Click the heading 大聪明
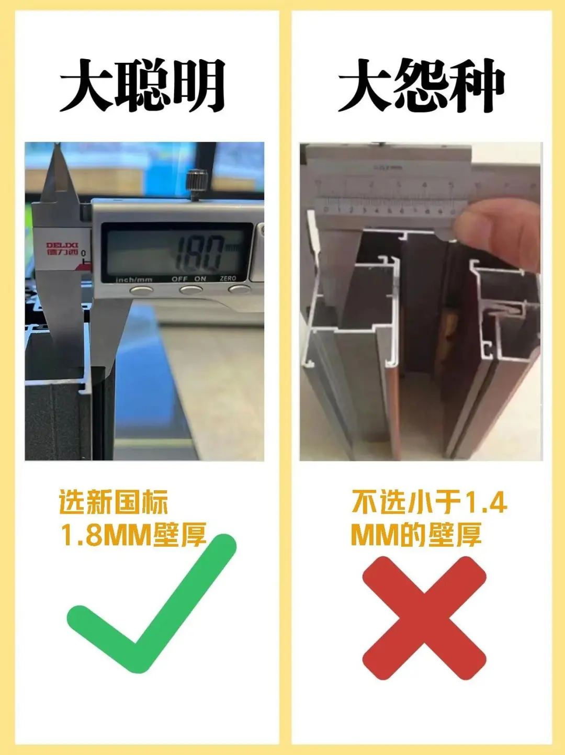click(142, 85)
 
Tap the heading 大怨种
click(421, 85)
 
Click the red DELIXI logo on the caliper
click(62, 248)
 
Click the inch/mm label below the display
click(134, 280)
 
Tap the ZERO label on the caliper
click(228, 278)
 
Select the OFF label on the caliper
click(179, 279)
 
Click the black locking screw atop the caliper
click(197, 183)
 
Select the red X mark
click(424, 617)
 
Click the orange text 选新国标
click(113, 502)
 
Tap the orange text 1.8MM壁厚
click(133, 535)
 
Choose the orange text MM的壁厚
click(416, 535)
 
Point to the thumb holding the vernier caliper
click(497, 230)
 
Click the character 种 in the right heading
click(477, 85)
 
